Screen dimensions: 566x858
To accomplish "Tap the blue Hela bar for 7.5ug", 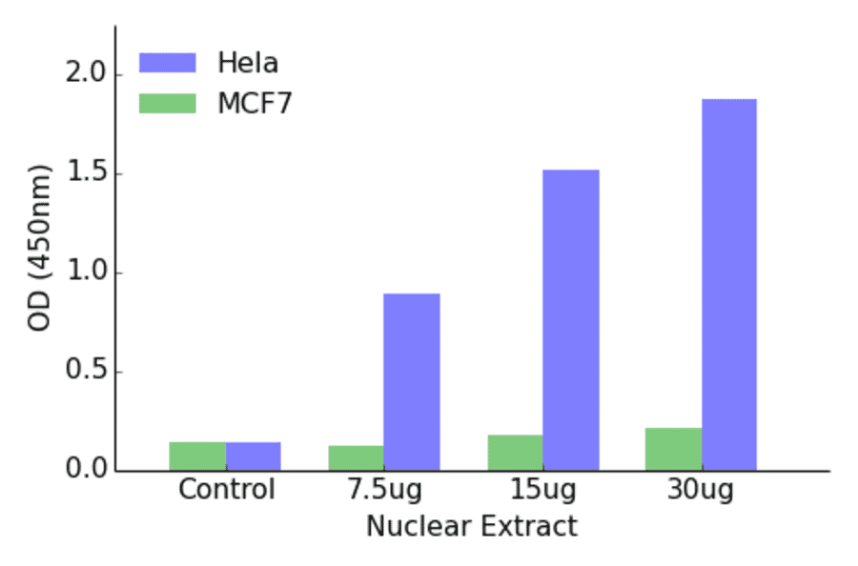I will point(412,381).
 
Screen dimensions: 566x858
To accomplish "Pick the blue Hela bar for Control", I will point(254,455).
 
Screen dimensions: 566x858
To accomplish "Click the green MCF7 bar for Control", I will point(197,455).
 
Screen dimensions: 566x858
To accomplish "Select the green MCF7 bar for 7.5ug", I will point(356,457).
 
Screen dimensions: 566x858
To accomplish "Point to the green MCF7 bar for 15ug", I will point(515,453).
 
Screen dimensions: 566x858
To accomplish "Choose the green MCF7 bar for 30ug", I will point(673,449).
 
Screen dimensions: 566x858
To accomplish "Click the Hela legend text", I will point(248,63).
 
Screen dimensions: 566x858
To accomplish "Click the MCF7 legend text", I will point(255,103).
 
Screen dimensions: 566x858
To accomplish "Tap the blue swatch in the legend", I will point(167,63).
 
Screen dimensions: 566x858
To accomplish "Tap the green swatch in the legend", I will point(167,103).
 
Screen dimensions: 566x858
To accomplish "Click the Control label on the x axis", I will point(226,491).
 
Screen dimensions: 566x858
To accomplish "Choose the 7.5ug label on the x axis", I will point(383,491).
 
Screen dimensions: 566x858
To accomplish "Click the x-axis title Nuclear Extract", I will point(471,526).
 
